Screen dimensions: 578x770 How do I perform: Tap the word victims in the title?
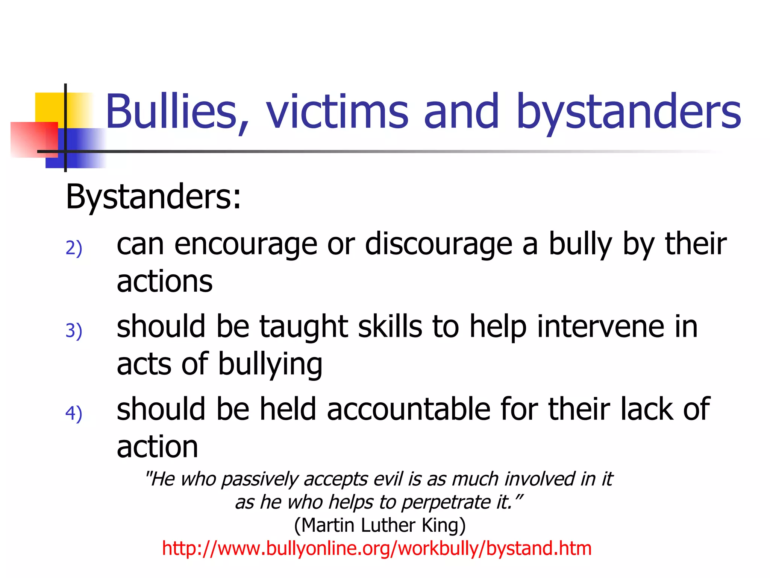[x=337, y=112]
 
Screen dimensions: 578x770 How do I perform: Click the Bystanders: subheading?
[x=153, y=197]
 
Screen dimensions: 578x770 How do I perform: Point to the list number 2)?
[x=74, y=248]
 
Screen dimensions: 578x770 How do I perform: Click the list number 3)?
[x=74, y=331]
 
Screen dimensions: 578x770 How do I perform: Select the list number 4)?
[x=74, y=414]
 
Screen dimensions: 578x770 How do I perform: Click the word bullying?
[x=270, y=364]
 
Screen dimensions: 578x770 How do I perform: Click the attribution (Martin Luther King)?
[x=380, y=525]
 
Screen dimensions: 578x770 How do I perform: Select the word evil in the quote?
[x=387, y=479]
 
